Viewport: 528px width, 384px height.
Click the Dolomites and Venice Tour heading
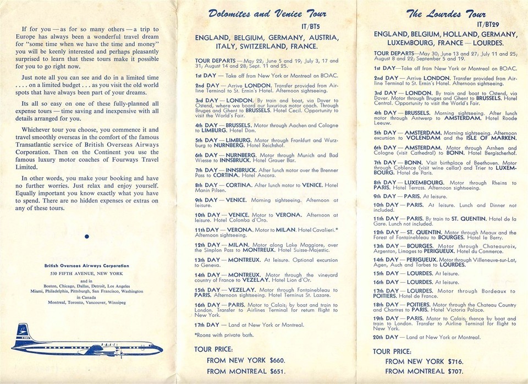coord(267,14)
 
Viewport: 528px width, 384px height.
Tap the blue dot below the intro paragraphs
coord(86,237)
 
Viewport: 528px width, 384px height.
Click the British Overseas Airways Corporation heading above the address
coord(86,266)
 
